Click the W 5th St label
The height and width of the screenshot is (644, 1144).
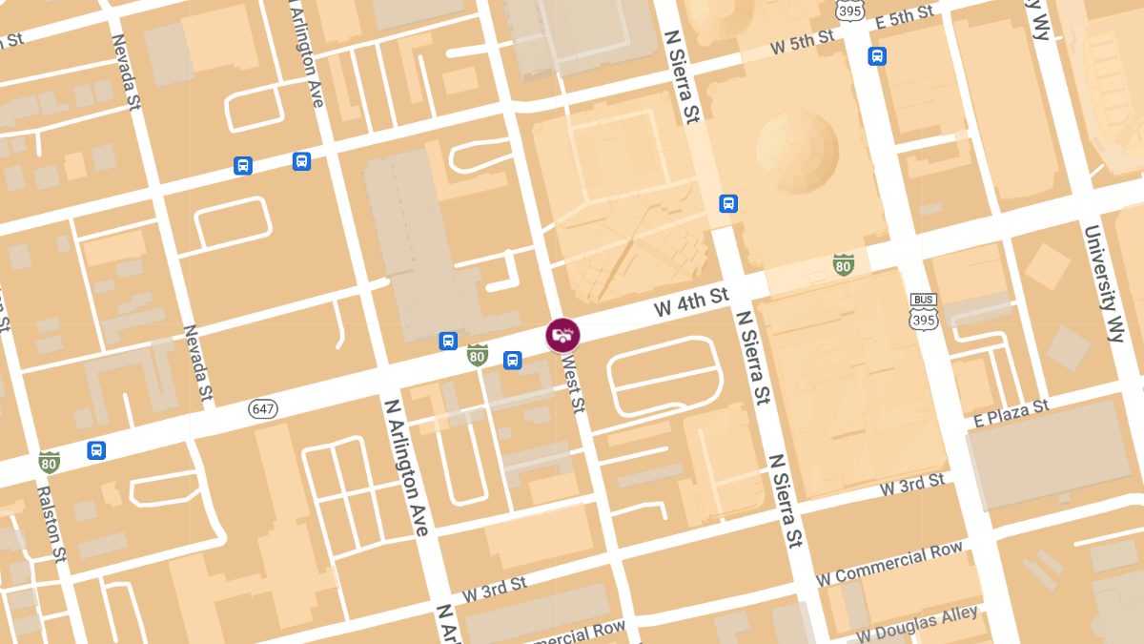click(x=803, y=41)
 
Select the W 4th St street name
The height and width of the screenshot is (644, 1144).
click(x=691, y=303)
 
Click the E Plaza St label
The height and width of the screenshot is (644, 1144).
click(x=1011, y=412)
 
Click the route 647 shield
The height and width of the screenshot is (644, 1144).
click(x=263, y=408)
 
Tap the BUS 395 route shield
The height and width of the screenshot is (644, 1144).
click(x=923, y=312)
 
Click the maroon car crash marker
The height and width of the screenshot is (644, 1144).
click(x=562, y=335)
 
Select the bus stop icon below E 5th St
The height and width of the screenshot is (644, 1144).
click(x=877, y=56)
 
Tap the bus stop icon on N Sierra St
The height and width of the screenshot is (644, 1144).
click(x=728, y=203)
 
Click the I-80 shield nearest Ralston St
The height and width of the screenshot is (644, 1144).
click(x=49, y=463)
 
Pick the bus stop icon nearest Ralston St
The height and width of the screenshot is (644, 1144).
click(x=96, y=449)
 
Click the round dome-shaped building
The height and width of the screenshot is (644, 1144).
click(x=797, y=148)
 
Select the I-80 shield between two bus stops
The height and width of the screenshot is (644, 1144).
click(x=478, y=355)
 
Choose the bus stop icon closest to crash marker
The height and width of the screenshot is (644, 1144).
click(x=512, y=360)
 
